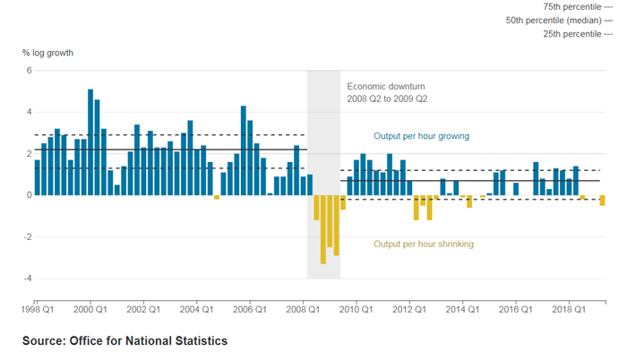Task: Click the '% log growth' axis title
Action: tap(47, 53)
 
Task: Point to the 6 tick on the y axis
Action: tap(29, 71)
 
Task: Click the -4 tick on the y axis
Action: tap(27, 279)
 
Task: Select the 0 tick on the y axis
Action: tap(29, 195)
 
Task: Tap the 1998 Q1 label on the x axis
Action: tap(38, 309)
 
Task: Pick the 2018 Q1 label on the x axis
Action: tap(567, 309)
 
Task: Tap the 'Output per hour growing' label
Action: tap(421, 136)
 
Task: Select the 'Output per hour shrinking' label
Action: tap(424, 244)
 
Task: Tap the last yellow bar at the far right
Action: tap(603, 201)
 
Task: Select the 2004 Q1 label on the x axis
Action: tap(196, 309)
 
